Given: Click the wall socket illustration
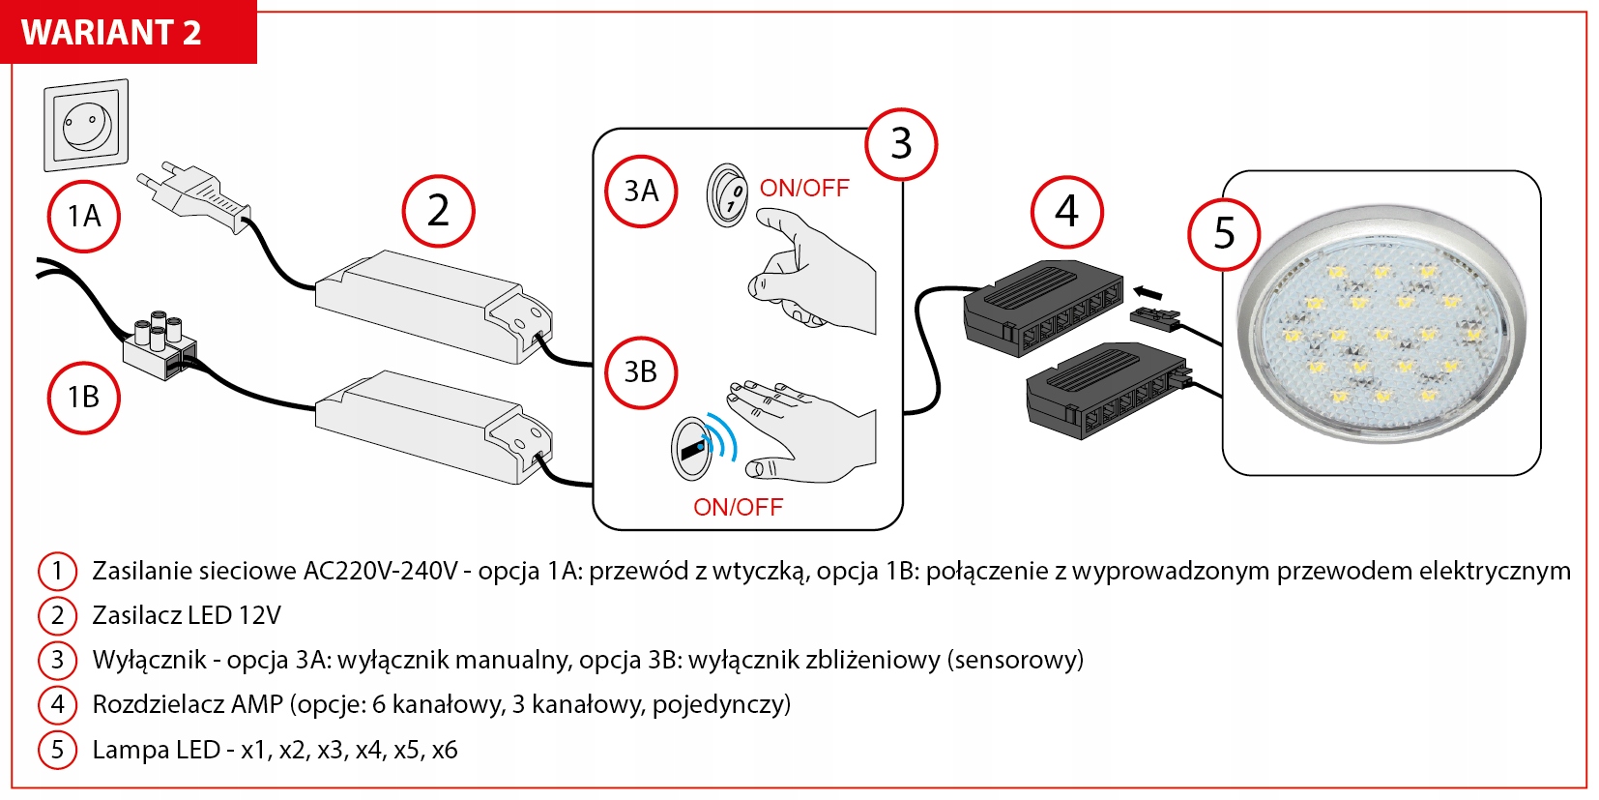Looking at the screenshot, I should click(x=86, y=125).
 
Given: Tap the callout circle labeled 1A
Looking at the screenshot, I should click(x=84, y=216).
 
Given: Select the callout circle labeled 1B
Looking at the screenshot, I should click(x=84, y=397).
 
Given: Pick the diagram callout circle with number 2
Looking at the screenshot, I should click(x=438, y=211).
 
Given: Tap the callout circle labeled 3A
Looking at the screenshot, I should click(x=641, y=191).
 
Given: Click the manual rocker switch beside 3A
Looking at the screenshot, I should click(x=727, y=194).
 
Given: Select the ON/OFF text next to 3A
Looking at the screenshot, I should click(x=804, y=188).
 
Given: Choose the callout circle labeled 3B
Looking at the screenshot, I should click(x=641, y=371).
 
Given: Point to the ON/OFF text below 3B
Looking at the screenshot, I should click(x=738, y=507).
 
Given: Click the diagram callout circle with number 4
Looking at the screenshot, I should click(x=1066, y=211).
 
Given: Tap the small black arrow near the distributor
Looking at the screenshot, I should click(x=1147, y=292).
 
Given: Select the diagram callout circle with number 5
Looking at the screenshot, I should click(x=1224, y=233).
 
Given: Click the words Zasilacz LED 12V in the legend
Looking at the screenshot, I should click(x=187, y=615).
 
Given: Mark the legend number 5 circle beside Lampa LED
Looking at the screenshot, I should click(x=57, y=750).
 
